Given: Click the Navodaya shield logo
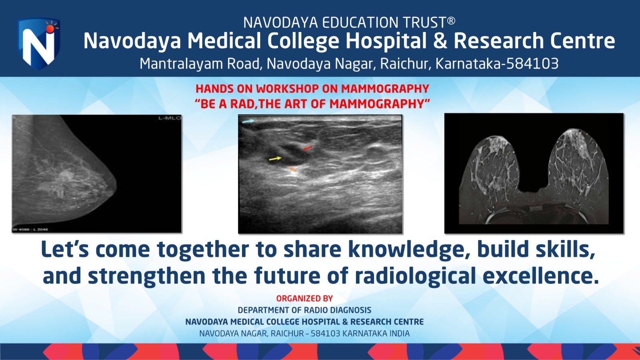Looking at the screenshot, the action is coord(38,44).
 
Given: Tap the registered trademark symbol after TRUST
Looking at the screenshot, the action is coord(451,20).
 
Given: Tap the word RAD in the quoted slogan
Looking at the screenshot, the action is coord(242,104).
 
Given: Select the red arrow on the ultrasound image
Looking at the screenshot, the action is coord(308,148).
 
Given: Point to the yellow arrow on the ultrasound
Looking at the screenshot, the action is coord(275,158).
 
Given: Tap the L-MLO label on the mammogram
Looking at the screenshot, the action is coord(170,118).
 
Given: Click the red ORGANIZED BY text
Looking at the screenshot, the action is coord(304,298).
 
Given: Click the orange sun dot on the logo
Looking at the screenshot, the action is coord(50,28).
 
